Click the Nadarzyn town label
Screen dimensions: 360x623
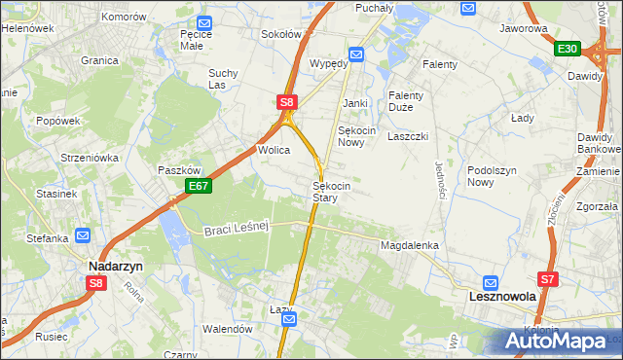115,266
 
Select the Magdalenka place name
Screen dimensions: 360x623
410,246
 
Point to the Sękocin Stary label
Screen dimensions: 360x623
325,191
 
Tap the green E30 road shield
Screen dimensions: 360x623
568,49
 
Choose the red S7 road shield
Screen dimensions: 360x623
549,279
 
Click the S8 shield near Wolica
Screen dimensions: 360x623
285,101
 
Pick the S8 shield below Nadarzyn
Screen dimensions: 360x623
95,283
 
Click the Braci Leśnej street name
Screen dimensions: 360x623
237,229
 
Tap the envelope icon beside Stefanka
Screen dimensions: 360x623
83,234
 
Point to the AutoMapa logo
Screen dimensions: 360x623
558,342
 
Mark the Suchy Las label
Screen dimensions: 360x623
223,78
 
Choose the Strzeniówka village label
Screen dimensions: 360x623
89,157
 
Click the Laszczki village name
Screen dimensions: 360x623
408,136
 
